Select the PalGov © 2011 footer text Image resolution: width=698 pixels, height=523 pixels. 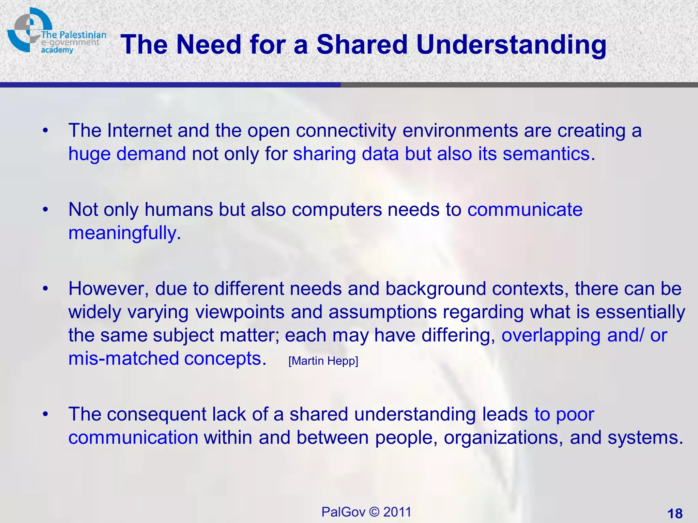click(366, 512)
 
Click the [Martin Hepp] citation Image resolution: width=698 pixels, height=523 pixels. click(323, 361)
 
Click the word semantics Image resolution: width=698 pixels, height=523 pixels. click(546, 154)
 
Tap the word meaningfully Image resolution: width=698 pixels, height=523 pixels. click(122, 234)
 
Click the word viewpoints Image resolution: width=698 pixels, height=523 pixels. click(240, 313)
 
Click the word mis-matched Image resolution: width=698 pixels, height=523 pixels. click(123, 359)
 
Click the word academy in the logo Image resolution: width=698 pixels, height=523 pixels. click(57, 50)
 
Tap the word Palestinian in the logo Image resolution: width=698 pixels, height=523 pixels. click(82, 35)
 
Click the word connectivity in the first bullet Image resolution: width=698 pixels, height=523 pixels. click(346, 130)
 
